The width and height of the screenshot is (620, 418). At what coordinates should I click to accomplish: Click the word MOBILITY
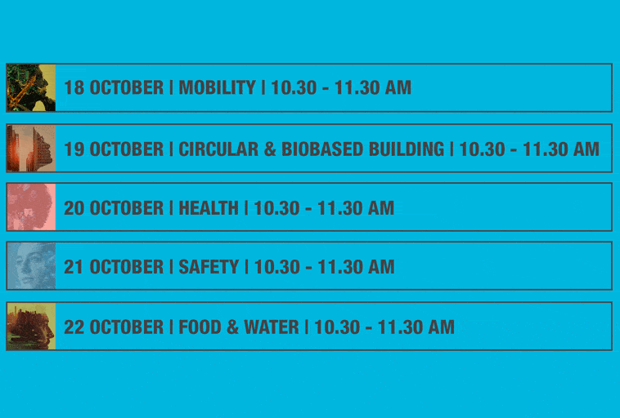coord(217,87)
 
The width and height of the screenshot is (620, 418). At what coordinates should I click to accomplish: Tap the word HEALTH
coord(209,208)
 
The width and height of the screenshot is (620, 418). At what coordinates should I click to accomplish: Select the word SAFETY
coord(209,267)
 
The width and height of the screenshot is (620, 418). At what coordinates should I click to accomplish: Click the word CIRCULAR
coord(218,149)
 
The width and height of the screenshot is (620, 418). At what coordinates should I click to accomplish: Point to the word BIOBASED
coord(322,149)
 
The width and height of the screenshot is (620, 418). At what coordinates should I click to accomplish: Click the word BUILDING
coord(407,149)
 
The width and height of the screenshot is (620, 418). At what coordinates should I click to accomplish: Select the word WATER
coord(272,327)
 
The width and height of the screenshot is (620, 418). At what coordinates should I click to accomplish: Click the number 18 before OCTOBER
coord(74,87)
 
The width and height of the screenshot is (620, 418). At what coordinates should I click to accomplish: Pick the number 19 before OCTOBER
coord(74,149)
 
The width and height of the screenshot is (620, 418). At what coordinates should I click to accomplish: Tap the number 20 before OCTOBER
coord(74,208)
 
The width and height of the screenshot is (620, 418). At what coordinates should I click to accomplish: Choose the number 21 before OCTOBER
coord(74,267)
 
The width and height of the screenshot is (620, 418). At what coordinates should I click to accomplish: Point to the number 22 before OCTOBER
coord(74,327)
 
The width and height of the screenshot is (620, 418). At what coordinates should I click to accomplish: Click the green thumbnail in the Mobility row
coord(31,87)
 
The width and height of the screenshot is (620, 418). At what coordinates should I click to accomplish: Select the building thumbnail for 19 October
coord(31,149)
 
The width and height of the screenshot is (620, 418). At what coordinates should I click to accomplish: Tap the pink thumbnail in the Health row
coord(31,207)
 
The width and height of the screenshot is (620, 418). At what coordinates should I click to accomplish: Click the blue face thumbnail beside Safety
coord(31,265)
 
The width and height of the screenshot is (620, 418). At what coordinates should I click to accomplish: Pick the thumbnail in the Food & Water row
coord(31,326)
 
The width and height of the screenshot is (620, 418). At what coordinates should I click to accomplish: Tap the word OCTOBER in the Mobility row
coord(127,87)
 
